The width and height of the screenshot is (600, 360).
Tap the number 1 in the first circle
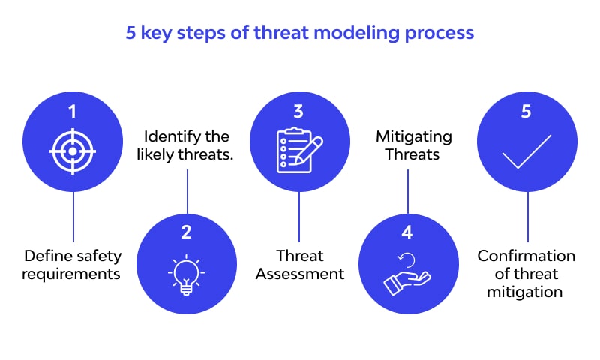(x=73, y=112)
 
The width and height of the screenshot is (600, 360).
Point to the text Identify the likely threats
(x=186, y=146)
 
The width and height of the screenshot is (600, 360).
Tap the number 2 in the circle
(x=187, y=232)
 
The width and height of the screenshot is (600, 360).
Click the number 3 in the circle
(x=298, y=112)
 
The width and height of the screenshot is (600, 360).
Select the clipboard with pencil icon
(x=298, y=151)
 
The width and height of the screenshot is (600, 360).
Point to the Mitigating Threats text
(x=413, y=146)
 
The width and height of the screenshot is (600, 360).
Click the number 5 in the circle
(x=526, y=112)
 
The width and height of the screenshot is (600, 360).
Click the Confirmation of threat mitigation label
(x=526, y=274)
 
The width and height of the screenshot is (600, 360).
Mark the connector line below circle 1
(x=73, y=217)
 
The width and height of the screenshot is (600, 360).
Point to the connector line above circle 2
(x=187, y=191)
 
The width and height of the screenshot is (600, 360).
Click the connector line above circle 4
(x=408, y=191)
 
